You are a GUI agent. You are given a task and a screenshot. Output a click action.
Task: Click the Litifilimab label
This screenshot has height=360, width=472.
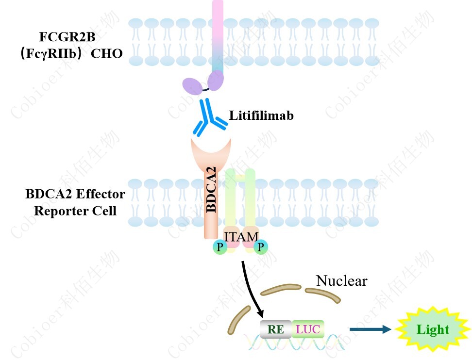click(x=261, y=116)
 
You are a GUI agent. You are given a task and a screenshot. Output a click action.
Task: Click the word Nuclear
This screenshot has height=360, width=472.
click(x=341, y=280)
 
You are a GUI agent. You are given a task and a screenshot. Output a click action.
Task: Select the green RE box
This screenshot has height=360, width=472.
click(x=276, y=330)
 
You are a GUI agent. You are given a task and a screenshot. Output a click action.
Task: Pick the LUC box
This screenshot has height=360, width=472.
click(x=308, y=330)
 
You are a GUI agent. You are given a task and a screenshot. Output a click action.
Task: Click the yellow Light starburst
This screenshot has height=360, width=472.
click(x=432, y=330)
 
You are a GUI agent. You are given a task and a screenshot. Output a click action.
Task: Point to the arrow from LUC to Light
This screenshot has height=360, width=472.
click(x=370, y=330)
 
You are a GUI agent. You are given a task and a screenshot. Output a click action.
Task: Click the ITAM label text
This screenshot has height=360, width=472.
click(x=241, y=236)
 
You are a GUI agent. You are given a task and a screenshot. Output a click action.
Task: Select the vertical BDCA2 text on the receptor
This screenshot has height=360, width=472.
click(x=212, y=189)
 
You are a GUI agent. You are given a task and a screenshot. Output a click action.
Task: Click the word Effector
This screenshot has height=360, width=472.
click(x=102, y=195)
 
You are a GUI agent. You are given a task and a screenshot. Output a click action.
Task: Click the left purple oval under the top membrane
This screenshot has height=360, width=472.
click(x=192, y=87)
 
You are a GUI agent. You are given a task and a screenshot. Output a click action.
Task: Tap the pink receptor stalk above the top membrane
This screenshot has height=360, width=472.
click(x=218, y=19)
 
